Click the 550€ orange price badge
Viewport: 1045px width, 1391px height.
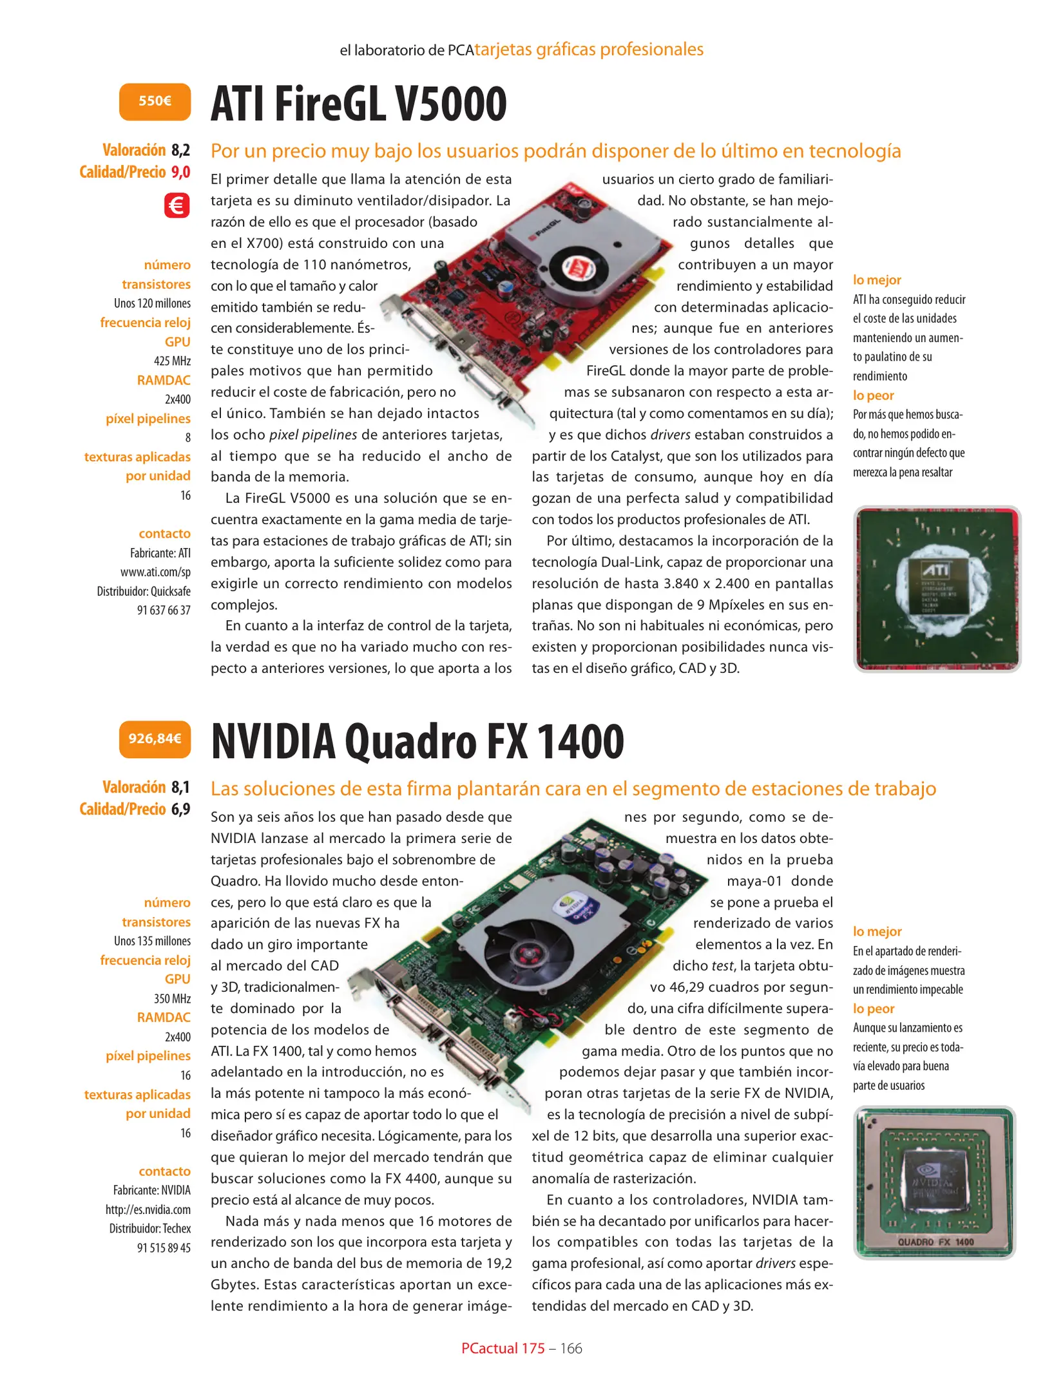click(155, 101)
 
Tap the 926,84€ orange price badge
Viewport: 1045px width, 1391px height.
click(155, 739)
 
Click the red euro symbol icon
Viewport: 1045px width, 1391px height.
click(177, 206)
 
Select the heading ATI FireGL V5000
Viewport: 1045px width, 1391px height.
click(359, 104)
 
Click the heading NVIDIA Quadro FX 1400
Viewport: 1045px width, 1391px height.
click(417, 741)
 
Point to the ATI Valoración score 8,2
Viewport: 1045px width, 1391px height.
click(180, 150)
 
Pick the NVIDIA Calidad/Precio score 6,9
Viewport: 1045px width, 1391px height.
click(180, 809)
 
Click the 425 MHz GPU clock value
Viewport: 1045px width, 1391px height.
click(172, 361)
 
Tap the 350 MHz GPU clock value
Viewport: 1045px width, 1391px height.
click(172, 999)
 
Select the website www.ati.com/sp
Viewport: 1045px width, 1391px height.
click(155, 572)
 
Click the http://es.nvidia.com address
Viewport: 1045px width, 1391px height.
click(148, 1209)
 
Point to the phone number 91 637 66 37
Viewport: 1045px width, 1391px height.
click(164, 610)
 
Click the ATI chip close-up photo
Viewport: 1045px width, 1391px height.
click(937, 589)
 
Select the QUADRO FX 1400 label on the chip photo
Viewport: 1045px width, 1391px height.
click(935, 1242)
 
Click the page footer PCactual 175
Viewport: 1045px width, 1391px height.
click(503, 1348)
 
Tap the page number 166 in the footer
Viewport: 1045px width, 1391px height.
click(571, 1348)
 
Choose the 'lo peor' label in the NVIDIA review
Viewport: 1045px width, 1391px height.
click(874, 1008)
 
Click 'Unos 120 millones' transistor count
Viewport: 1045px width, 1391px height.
click(152, 303)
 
